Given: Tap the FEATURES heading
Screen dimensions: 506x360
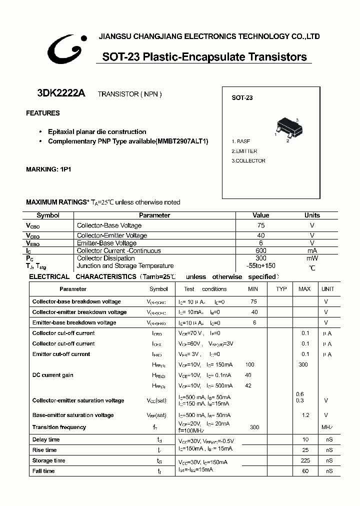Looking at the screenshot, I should (43, 113).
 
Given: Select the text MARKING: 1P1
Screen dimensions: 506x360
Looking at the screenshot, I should (48, 169).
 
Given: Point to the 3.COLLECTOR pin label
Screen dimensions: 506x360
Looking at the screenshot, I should (248, 160).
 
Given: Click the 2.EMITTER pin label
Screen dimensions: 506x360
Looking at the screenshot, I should (244, 151).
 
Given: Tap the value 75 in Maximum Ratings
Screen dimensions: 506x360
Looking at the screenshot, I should (260, 225).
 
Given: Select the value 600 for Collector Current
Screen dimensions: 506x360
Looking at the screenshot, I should (260, 250).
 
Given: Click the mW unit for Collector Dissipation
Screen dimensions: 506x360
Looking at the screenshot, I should (312, 258).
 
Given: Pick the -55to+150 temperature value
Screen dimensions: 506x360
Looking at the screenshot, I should (261, 266).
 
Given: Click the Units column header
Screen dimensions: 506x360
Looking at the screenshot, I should (312, 215).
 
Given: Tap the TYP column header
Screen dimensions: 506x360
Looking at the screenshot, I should (281, 289).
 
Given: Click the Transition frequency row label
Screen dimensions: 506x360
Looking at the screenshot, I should (59, 427).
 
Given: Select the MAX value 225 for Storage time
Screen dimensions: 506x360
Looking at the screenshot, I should (305, 460).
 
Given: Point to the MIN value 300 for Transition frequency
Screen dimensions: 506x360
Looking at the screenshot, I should (254, 427).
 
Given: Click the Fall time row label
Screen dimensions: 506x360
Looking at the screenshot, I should (43, 471).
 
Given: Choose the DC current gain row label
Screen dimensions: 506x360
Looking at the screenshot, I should (53, 375).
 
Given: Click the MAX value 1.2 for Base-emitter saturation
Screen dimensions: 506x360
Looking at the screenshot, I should (305, 415).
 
